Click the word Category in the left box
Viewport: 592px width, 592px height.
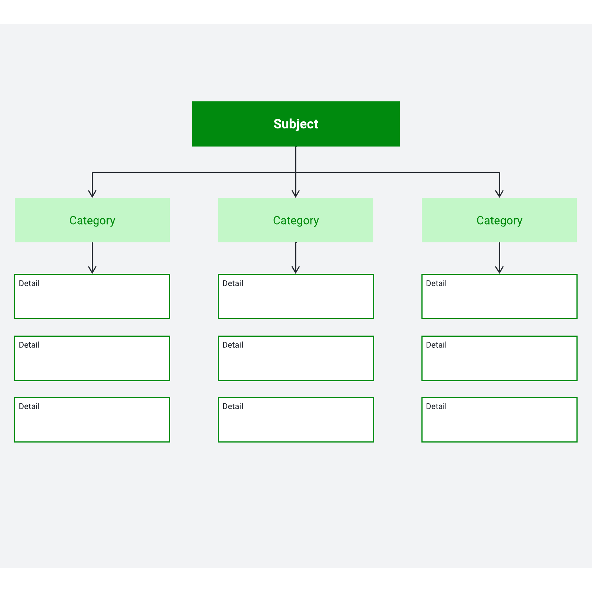click(92, 221)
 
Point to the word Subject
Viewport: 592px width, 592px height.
click(296, 124)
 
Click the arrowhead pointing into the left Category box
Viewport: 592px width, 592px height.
click(92, 194)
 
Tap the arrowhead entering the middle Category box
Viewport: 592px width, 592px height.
click(296, 194)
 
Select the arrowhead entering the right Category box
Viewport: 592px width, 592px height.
click(499, 194)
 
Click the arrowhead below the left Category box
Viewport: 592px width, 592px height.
click(92, 270)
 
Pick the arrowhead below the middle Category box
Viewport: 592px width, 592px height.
click(296, 270)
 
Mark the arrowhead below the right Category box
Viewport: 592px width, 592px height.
click(499, 270)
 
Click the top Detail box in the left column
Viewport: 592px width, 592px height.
click(92, 296)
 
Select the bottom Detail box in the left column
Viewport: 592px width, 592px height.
click(92, 420)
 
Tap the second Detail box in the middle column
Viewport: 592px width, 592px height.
click(296, 358)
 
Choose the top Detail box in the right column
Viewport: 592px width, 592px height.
click(499, 296)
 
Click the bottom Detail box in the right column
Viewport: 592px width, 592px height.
click(499, 420)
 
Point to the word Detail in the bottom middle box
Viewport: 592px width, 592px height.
click(233, 406)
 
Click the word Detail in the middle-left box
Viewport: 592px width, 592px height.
click(29, 345)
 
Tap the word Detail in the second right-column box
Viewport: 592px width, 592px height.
click(436, 345)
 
